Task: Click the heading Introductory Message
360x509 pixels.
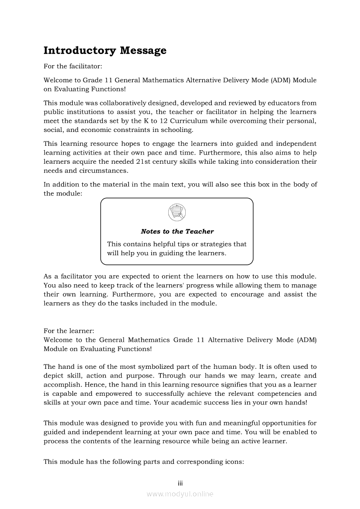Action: point(105,51)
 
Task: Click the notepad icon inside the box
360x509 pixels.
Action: point(177,213)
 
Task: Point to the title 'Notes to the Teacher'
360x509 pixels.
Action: point(177,232)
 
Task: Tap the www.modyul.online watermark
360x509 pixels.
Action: point(180,494)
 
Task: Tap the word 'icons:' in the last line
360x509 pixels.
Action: point(233,462)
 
